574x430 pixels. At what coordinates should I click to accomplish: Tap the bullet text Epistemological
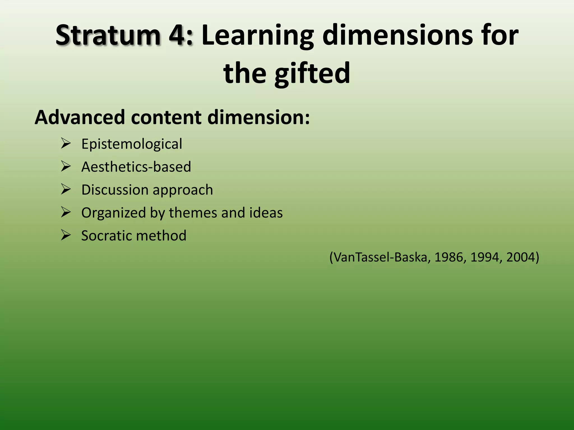(131, 144)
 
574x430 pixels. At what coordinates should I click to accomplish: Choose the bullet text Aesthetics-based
(136, 167)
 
